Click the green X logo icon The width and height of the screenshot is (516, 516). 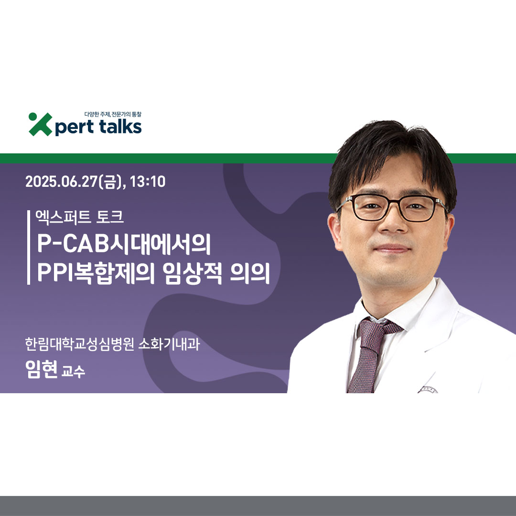click(41, 124)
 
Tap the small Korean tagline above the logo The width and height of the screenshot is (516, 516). click(113, 114)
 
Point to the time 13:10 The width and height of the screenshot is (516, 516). click(148, 182)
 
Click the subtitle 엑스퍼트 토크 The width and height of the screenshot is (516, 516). click(80, 217)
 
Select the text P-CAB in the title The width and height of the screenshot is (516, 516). click(73, 244)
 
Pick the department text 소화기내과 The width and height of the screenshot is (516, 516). click(169, 344)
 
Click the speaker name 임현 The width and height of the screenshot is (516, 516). click(42, 369)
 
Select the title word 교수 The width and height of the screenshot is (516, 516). click(73, 371)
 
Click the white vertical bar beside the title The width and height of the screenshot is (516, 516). click(29, 247)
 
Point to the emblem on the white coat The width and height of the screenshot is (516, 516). click(428, 390)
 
